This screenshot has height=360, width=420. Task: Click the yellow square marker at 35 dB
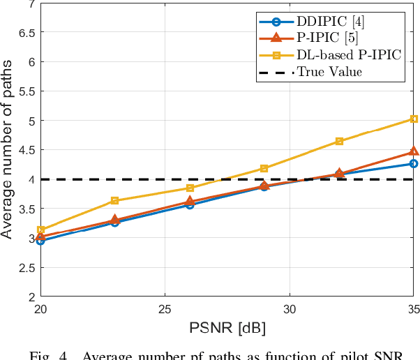pos(414,119)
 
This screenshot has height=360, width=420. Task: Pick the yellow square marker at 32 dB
pos(339,141)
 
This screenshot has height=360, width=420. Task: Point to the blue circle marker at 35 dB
pos(414,163)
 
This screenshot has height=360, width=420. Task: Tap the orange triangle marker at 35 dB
pos(414,151)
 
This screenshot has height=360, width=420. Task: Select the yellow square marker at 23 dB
pos(115,201)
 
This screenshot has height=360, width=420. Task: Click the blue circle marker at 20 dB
pos(40,241)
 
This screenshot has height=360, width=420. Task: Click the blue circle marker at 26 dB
pos(190,204)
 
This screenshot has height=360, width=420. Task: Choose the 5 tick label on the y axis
pos(29,120)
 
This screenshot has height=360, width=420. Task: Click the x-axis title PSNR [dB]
pos(227,327)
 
